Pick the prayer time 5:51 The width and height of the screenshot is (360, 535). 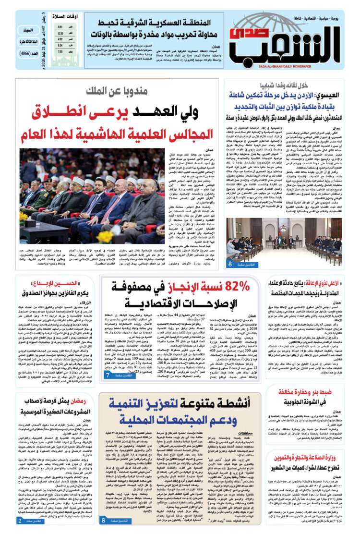(60, 27)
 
